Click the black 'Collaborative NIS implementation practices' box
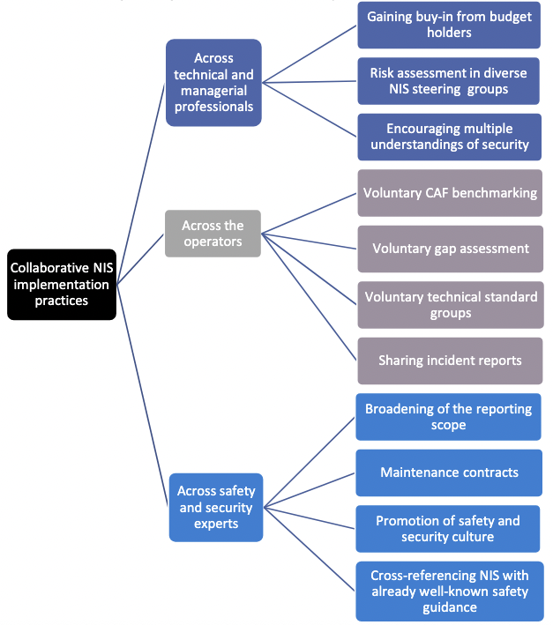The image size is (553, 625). (61, 284)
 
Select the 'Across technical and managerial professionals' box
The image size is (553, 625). (213, 82)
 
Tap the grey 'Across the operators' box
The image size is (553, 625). (213, 233)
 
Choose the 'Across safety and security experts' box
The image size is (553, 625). (216, 507)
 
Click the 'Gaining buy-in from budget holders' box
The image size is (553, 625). (450, 25)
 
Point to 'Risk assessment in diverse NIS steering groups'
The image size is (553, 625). (450, 80)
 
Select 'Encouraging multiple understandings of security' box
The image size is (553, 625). (450, 136)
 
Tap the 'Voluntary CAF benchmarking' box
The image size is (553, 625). (450, 192)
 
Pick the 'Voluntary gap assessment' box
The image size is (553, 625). (450, 249)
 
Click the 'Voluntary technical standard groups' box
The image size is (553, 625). (450, 304)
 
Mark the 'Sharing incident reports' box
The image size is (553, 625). (450, 360)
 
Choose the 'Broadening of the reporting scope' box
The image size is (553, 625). (449, 416)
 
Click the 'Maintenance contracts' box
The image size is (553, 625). (449, 472)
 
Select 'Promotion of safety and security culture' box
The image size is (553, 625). (449, 528)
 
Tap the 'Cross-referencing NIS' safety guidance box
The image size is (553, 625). (449, 591)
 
